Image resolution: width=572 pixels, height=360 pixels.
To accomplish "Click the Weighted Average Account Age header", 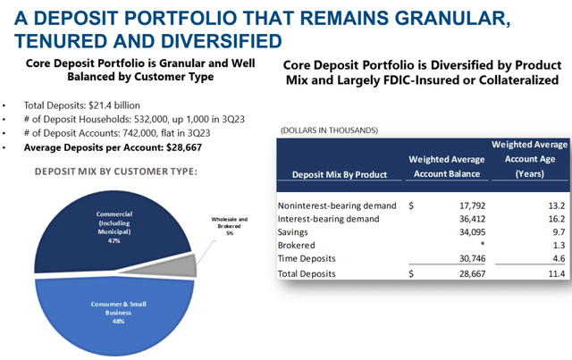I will (x=528, y=159).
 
